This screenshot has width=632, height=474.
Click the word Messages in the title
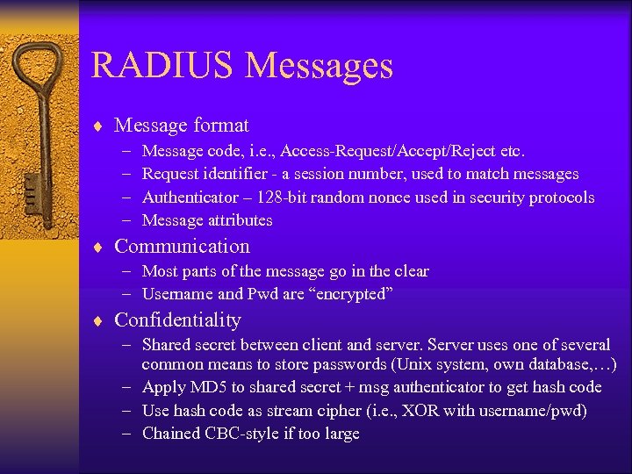point(320,66)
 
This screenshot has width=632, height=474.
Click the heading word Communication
point(182,247)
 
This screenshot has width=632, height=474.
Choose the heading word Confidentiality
point(177,320)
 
